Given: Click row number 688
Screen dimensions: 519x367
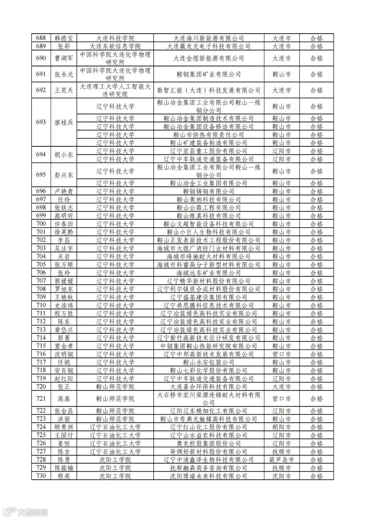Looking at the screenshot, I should pyautogui.click(x=41, y=38).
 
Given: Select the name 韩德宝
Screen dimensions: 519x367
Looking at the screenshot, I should pyautogui.click(x=64, y=38).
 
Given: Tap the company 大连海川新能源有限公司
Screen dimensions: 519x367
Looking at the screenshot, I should pyautogui.click(x=209, y=38).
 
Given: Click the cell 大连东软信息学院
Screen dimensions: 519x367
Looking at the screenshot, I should pyautogui.click(x=115, y=46).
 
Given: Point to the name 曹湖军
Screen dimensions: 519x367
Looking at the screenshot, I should pyautogui.click(x=64, y=58).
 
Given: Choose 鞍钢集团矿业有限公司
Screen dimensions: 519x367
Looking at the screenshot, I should pyautogui.click(x=209, y=74).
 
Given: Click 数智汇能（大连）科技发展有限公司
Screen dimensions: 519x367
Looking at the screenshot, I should pyautogui.click(x=209, y=90).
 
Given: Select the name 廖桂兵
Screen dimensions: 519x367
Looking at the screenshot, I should pyautogui.click(x=64, y=122).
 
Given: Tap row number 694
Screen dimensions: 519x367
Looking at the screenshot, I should pyautogui.click(x=41, y=155).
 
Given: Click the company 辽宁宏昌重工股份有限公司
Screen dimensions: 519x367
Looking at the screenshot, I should pyautogui.click(x=209, y=151).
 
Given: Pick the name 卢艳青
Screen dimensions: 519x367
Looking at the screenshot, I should pyautogui.click(x=64, y=191).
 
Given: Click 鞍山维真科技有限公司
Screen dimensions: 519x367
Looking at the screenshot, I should pyautogui.click(x=209, y=216).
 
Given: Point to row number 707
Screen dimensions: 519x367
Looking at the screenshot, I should pyautogui.click(x=41, y=281).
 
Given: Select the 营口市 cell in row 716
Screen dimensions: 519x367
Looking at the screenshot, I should pyautogui.click(x=282, y=354).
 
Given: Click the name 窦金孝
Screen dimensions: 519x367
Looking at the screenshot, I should pyautogui.click(x=64, y=346).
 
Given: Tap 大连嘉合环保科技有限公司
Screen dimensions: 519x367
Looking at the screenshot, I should pyautogui.click(x=209, y=387).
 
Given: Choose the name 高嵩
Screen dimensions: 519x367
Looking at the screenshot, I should pyautogui.click(x=64, y=399).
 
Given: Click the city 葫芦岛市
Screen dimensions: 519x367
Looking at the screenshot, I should pyautogui.click(x=282, y=460).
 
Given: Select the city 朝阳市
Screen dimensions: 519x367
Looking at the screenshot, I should pyautogui.click(x=282, y=427).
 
